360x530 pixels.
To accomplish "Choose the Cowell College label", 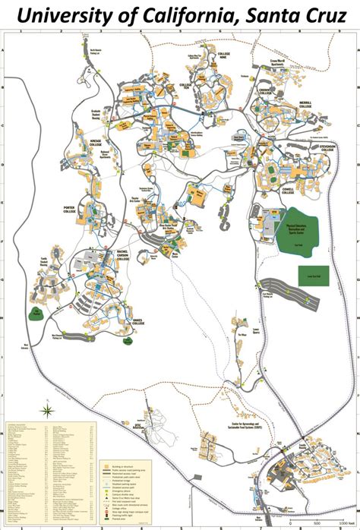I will pos(287,191).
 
